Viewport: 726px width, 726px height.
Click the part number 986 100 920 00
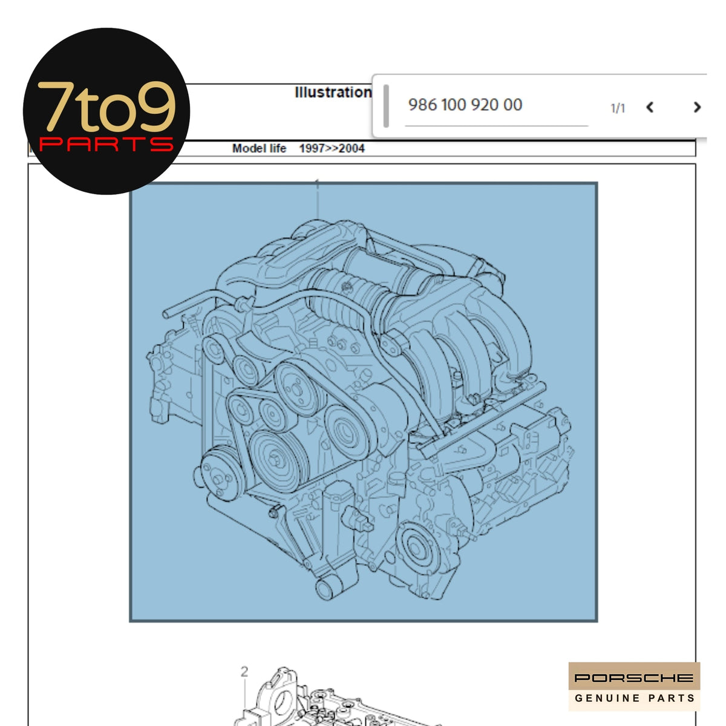coord(465,105)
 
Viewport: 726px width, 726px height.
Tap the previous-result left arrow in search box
coord(649,107)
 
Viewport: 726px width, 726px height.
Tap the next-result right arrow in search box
coord(696,107)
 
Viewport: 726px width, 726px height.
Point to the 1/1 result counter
coord(618,108)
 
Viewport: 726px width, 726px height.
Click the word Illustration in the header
coord(333,93)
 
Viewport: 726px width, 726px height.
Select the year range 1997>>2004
coord(332,148)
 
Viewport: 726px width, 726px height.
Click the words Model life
coord(259,148)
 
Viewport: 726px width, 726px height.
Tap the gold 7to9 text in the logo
coord(106,106)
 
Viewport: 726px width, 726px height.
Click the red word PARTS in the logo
coord(106,144)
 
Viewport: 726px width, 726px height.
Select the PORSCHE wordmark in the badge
coord(633,678)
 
